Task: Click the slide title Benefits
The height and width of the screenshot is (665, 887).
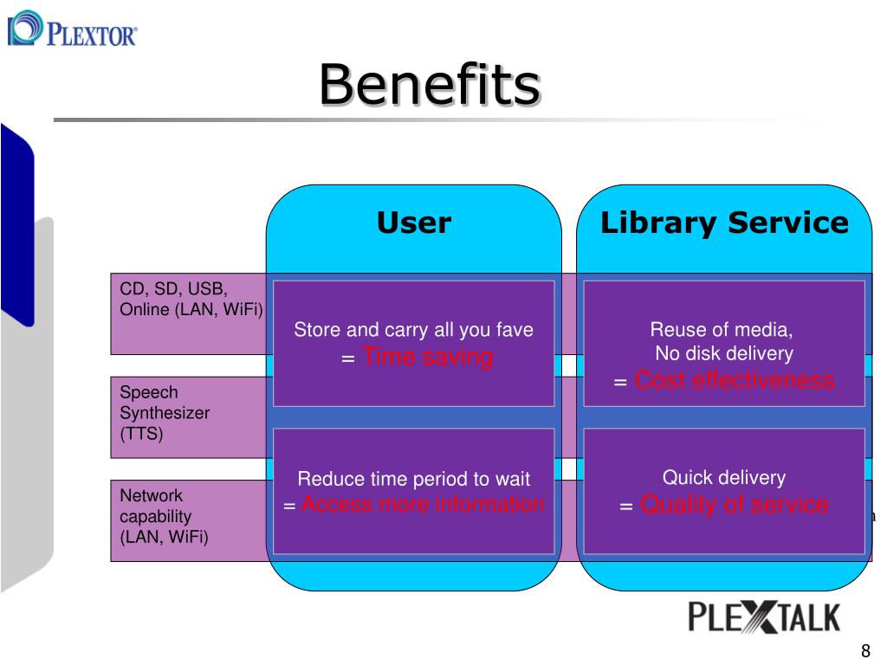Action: click(430, 85)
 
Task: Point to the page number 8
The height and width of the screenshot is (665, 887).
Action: click(864, 652)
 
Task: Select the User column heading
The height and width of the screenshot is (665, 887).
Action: click(413, 223)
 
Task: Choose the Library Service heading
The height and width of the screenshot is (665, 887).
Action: click(724, 223)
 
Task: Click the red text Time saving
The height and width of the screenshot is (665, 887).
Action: click(427, 356)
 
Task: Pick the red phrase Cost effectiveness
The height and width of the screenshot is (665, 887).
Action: click(735, 380)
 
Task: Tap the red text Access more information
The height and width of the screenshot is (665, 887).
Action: click(423, 504)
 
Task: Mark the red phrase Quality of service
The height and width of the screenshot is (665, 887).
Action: click(734, 504)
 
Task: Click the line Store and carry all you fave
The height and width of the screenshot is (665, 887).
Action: click(413, 330)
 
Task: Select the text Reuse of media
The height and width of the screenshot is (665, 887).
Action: click(722, 330)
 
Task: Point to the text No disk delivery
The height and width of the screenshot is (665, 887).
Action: click(724, 353)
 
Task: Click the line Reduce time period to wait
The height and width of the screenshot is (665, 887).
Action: click(413, 479)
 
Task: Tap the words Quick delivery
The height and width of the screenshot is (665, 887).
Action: click(724, 478)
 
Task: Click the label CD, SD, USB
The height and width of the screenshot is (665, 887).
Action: click(173, 288)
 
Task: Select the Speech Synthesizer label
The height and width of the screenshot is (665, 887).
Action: click(165, 403)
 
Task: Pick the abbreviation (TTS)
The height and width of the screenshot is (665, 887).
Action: click(141, 434)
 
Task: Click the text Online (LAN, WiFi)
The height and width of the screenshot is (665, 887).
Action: click(191, 309)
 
